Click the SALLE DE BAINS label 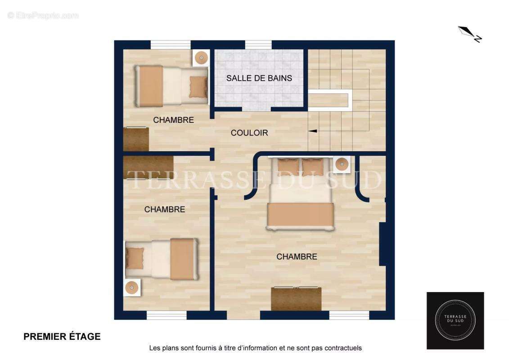pyautogui.click(x=259, y=78)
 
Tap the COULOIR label pyautogui.click(x=249, y=133)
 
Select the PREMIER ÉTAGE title pyautogui.click(x=62, y=337)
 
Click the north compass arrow pyautogui.click(x=470, y=34)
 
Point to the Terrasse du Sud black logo pyautogui.click(x=455, y=320)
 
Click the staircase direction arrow pyautogui.click(x=312, y=131)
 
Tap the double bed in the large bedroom pyautogui.click(x=301, y=194)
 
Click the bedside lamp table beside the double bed pyautogui.click(x=342, y=164)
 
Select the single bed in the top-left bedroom pyautogui.click(x=171, y=85)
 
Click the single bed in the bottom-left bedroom pyautogui.click(x=161, y=259)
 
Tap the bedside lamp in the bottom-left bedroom pyautogui.click(x=132, y=287)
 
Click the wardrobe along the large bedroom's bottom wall pyautogui.click(x=296, y=298)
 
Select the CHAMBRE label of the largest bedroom pyautogui.click(x=297, y=257)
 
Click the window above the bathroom pyautogui.click(x=258, y=45)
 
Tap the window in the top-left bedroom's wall pyautogui.click(x=171, y=45)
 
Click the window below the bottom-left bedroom pyautogui.click(x=167, y=315)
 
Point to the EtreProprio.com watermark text pyautogui.click(x=43, y=15)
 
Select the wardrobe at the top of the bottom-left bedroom pyautogui.click(x=148, y=167)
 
